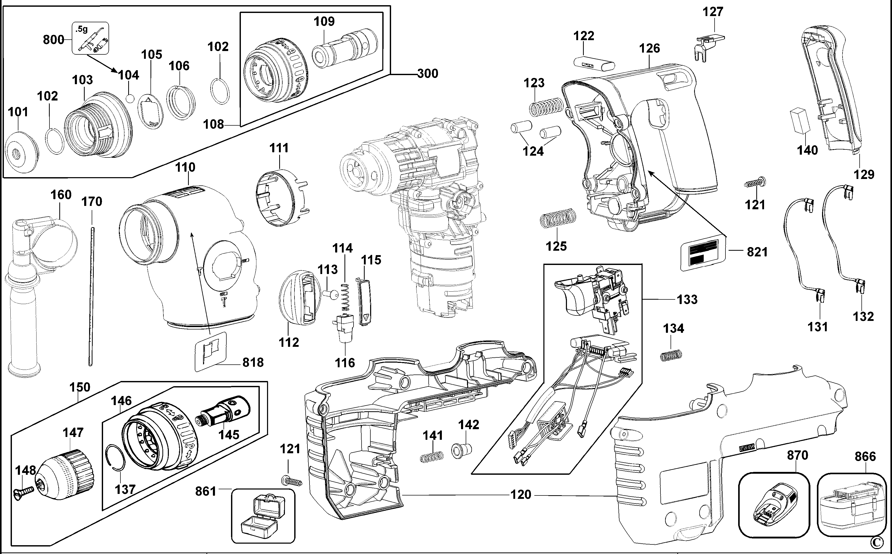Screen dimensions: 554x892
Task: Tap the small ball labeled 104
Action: coord(129,99)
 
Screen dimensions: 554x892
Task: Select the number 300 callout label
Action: coord(428,74)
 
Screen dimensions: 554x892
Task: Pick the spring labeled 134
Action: coord(671,355)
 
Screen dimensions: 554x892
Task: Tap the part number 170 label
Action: coord(92,202)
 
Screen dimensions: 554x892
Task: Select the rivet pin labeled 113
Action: coord(332,293)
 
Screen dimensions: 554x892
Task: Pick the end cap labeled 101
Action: coord(21,151)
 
